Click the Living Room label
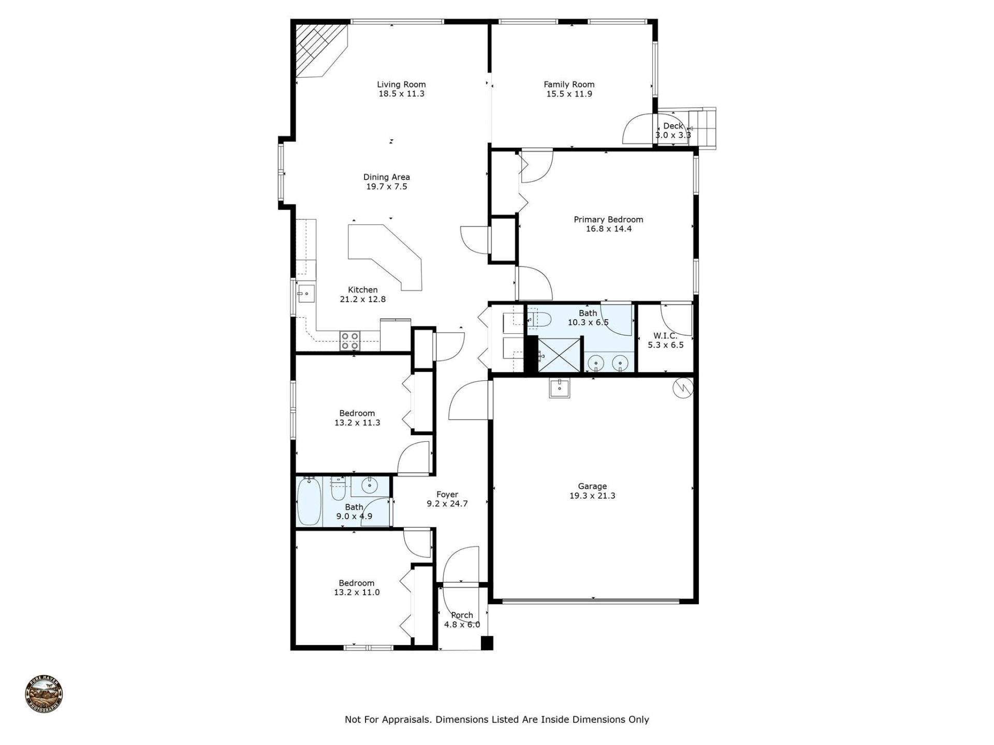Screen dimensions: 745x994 (401, 84)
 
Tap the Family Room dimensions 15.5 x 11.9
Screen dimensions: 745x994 (569, 94)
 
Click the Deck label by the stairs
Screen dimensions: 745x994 (673, 126)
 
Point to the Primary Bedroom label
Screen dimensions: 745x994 (608, 219)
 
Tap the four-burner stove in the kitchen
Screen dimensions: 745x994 (350, 341)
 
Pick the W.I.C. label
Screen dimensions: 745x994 (665, 336)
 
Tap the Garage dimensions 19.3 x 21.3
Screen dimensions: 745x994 (592, 496)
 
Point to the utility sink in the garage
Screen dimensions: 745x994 (560, 388)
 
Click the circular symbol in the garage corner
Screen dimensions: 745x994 (682, 389)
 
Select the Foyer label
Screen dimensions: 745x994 (447, 494)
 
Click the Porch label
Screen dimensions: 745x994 (462, 615)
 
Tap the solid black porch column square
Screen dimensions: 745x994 (487, 643)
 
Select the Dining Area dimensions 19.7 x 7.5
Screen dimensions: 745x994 (387, 187)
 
